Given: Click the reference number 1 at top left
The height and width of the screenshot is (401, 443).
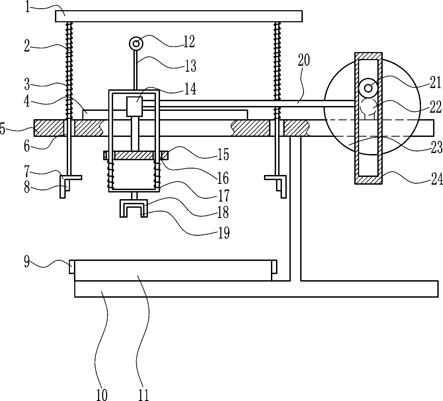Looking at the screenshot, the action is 27,7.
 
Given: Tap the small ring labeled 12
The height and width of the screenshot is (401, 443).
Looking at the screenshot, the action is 136,43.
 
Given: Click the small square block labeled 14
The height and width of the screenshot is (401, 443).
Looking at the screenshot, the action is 135,107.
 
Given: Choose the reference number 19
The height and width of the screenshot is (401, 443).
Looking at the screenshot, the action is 223,232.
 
